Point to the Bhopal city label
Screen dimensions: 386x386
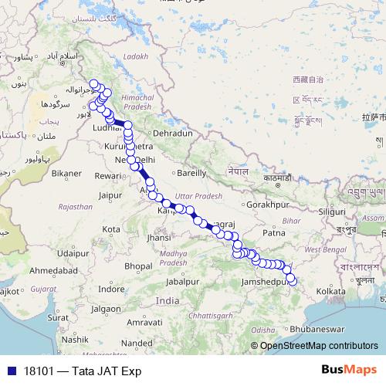tap(138, 266)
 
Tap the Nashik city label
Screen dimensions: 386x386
tap(76, 339)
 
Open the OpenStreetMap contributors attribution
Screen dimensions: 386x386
tap(318, 346)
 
